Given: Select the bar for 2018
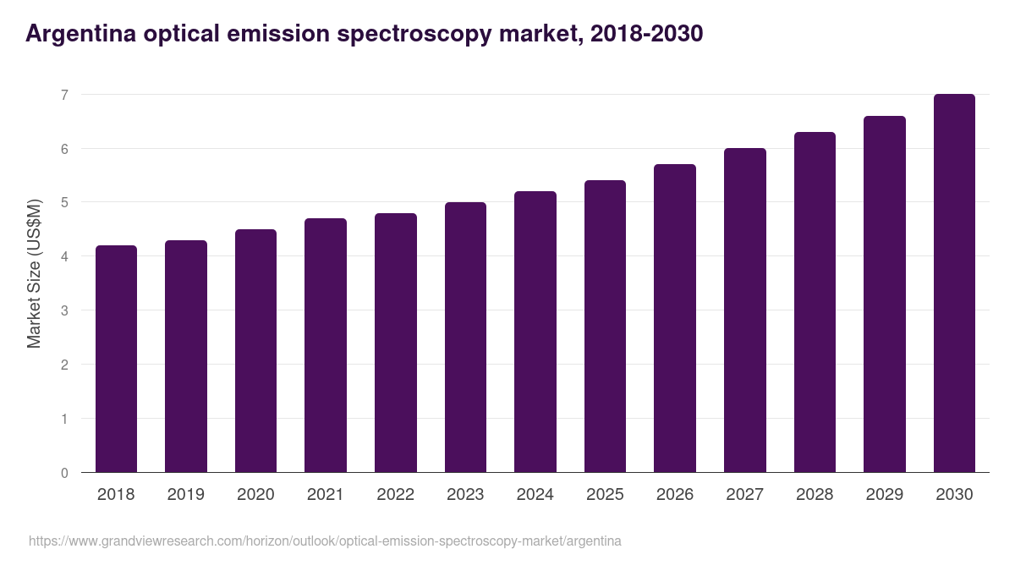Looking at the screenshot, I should point(116,359).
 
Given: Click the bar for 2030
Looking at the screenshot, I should point(954,283).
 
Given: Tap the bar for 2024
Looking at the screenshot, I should point(535,332).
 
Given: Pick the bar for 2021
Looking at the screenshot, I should point(326,345).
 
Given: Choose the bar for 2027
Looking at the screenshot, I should point(745,310).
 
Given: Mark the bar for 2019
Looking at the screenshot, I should point(186,356).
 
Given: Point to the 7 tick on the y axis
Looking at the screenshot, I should point(64,95).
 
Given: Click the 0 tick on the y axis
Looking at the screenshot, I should point(64,473).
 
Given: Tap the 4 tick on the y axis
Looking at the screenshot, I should point(64,256).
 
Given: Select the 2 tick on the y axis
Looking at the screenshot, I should point(64,365).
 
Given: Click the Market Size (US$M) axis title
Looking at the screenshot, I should point(34,272).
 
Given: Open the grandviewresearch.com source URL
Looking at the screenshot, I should point(325,541).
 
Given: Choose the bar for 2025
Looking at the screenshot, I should point(605,327).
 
